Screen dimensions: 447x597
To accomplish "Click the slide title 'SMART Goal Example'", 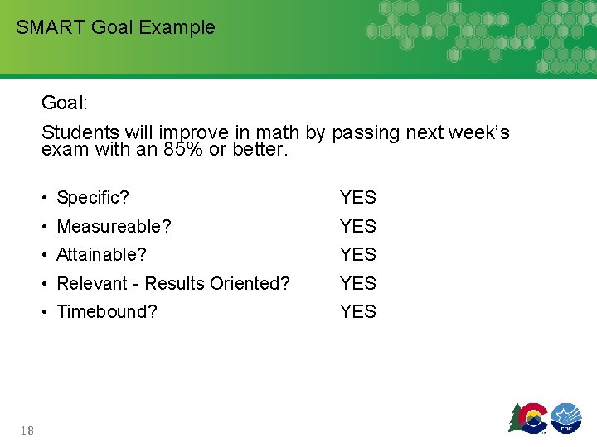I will [115, 27].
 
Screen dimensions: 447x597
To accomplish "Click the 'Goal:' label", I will [65, 103].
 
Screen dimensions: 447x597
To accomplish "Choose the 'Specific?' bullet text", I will [93, 198].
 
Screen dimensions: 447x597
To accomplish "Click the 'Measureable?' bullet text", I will [114, 226].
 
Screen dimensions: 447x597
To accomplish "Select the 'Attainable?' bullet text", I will [103, 255].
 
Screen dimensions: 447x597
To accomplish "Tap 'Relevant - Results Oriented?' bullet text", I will [173, 283].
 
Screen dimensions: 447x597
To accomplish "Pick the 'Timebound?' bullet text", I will [106, 312].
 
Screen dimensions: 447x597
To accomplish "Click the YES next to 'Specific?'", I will [358, 198].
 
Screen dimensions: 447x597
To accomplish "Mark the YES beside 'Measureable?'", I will [358, 226].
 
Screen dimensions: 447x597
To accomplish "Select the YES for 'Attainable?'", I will [358, 255].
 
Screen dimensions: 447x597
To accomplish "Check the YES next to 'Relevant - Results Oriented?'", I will [358, 283].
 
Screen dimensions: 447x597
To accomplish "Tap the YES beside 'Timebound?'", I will [358, 312].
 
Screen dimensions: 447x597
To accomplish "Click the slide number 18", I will [28, 429].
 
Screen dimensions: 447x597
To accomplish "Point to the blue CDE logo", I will [567, 417].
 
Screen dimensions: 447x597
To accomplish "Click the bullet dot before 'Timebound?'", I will [46, 312].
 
